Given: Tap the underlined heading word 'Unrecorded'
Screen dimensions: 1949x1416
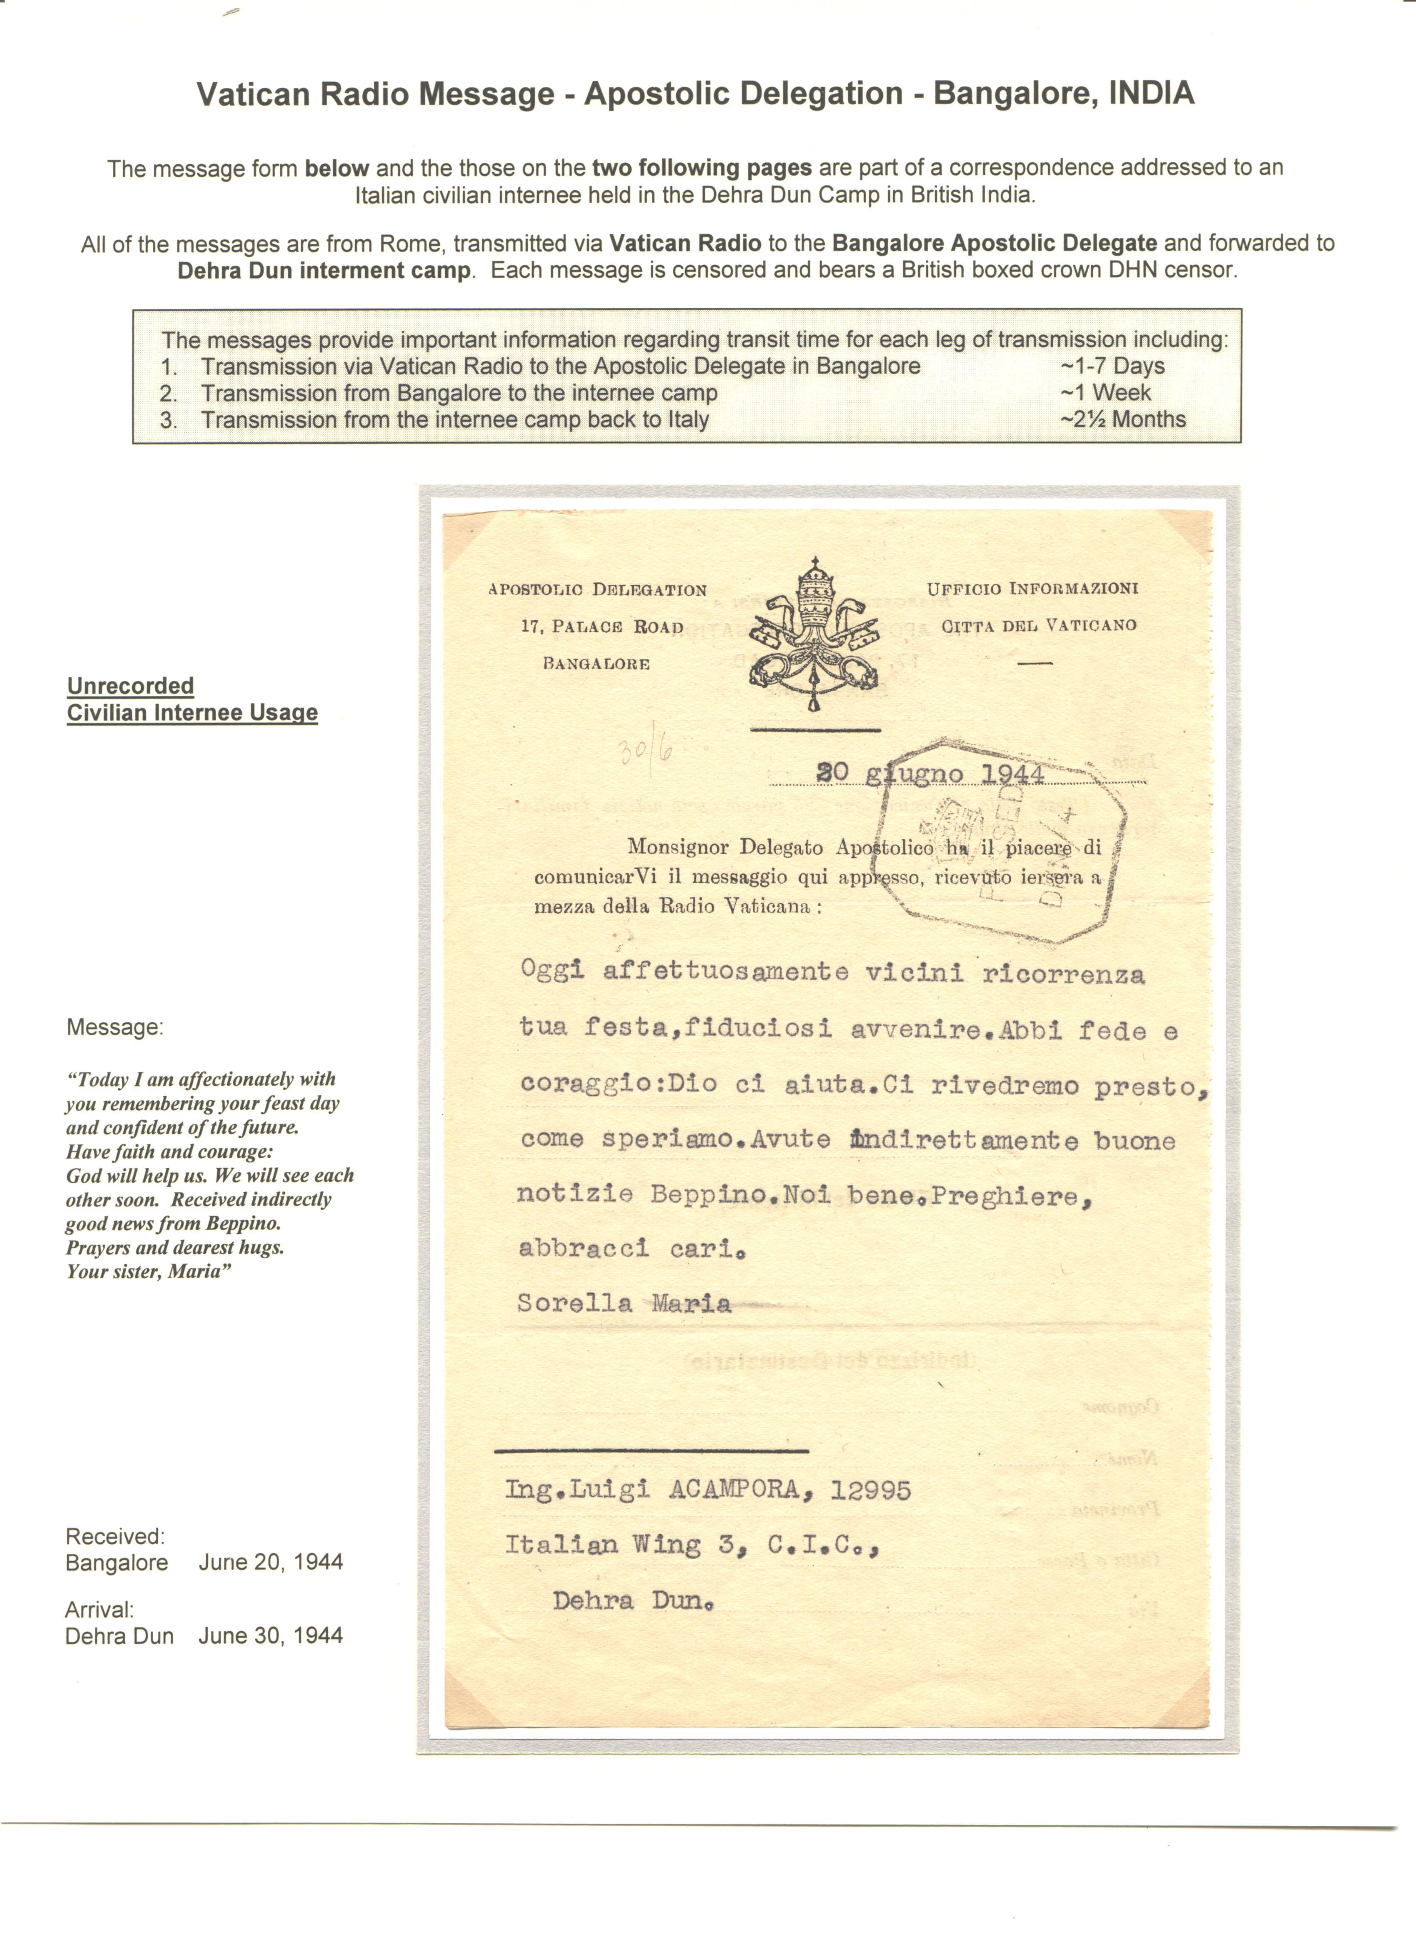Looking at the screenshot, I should pyautogui.click(x=131, y=686).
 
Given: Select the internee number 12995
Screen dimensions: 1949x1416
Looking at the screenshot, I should pyautogui.click(x=870, y=1489).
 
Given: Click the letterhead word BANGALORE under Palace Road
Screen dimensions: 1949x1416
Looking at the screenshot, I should pyautogui.click(x=596, y=663).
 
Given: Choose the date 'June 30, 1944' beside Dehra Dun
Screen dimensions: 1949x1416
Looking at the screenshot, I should pyautogui.click(x=271, y=1635).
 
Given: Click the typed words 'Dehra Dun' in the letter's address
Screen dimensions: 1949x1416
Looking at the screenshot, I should pyautogui.click(x=633, y=1601).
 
